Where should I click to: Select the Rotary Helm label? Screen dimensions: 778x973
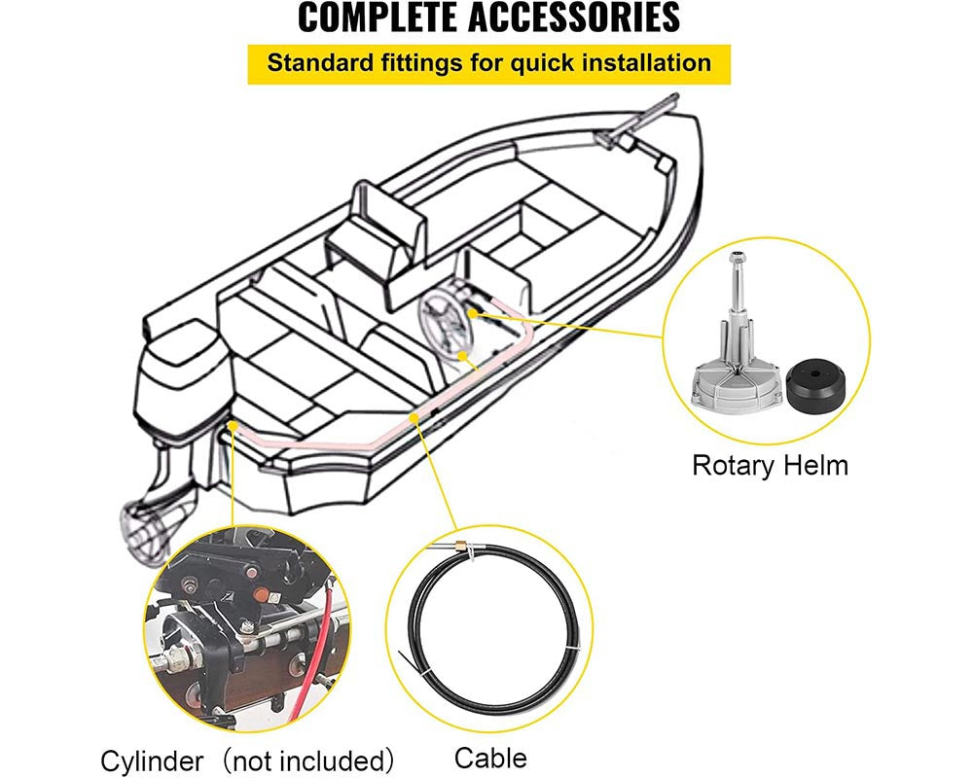tap(770, 465)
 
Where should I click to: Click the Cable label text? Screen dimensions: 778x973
tap(489, 758)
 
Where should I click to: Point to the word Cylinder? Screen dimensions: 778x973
tap(153, 760)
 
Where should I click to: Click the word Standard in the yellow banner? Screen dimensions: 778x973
tap(315, 64)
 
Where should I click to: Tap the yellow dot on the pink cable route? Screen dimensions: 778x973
tap(415, 415)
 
